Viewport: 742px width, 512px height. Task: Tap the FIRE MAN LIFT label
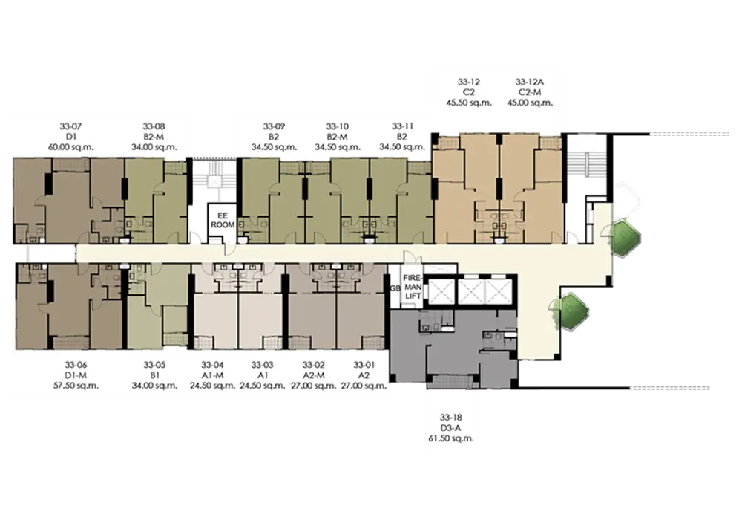click(x=412, y=287)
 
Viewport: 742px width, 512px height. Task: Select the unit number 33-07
click(x=70, y=126)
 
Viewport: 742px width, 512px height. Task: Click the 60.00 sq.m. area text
click(x=70, y=147)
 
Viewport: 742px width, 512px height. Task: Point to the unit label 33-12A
click(x=530, y=82)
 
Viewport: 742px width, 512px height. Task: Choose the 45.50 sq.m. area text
click(x=469, y=103)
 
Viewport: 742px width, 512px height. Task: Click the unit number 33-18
click(x=451, y=418)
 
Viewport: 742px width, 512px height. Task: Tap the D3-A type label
click(x=451, y=428)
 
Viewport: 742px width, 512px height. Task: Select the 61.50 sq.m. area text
click(x=451, y=438)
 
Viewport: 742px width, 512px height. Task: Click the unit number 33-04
click(x=212, y=365)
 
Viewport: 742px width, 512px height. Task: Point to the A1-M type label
click(x=212, y=375)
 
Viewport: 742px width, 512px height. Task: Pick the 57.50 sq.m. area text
click(x=76, y=386)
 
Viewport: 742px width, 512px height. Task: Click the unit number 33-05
click(x=155, y=365)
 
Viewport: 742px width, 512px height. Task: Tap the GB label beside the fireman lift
click(x=395, y=288)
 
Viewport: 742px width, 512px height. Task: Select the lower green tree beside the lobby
click(x=571, y=311)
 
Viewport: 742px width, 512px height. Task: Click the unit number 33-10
click(x=338, y=126)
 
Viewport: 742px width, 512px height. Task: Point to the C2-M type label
click(x=530, y=92)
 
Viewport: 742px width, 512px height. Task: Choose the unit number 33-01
click(x=364, y=365)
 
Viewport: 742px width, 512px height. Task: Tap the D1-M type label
click(x=76, y=375)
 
